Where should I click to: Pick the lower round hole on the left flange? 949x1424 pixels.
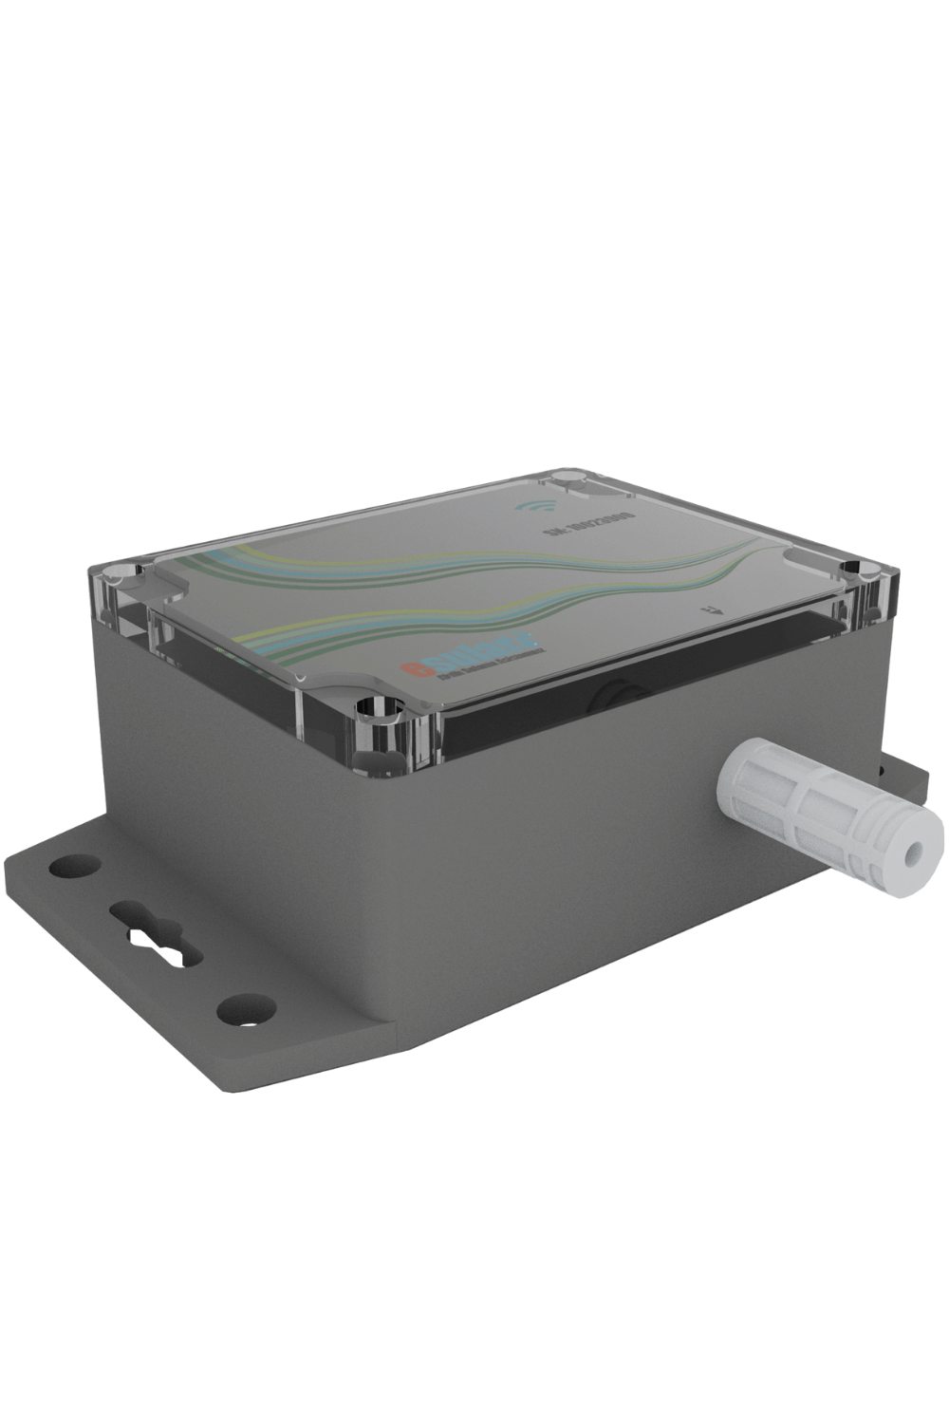pos(244,1006)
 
